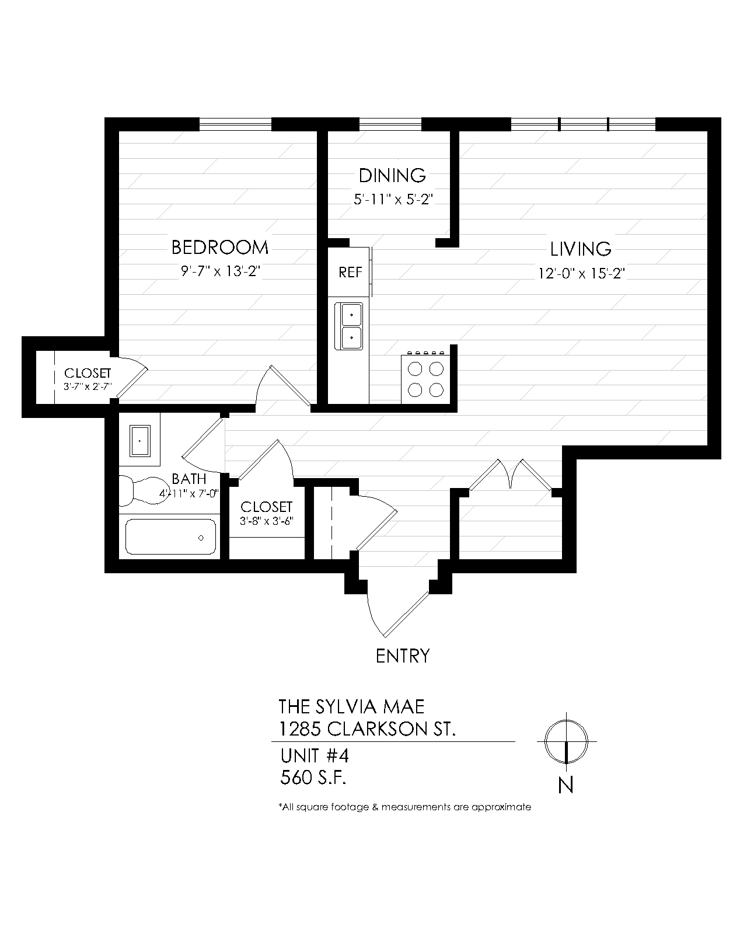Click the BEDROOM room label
tap(219, 248)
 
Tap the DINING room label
tap(392, 175)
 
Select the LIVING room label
tap(581, 249)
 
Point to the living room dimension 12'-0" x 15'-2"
tap(581, 273)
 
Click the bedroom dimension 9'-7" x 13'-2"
tap(219, 271)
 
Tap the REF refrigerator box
tap(350, 272)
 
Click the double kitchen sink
tap(348, 326)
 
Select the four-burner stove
tap(425, 379)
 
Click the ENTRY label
tap(403, 656)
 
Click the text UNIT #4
tap(314, 756)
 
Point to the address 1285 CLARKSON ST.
tap(367, 729)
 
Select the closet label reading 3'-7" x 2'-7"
tap(88, 386)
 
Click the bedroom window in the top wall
tap(236, 124)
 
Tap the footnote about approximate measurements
tap(405, 807)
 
